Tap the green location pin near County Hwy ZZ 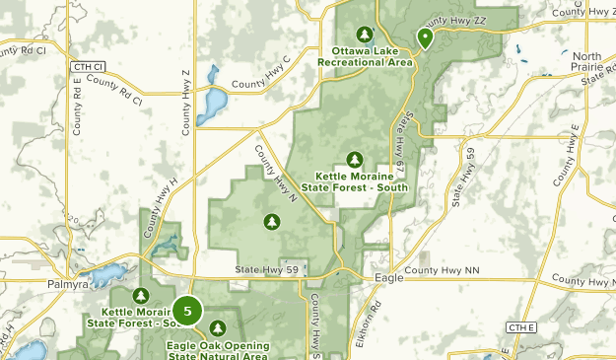426,37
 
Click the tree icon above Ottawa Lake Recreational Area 367,33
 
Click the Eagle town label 389,279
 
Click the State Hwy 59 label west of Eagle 266,269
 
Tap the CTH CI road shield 89,65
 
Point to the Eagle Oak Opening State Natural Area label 218,351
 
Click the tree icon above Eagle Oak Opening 218,327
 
